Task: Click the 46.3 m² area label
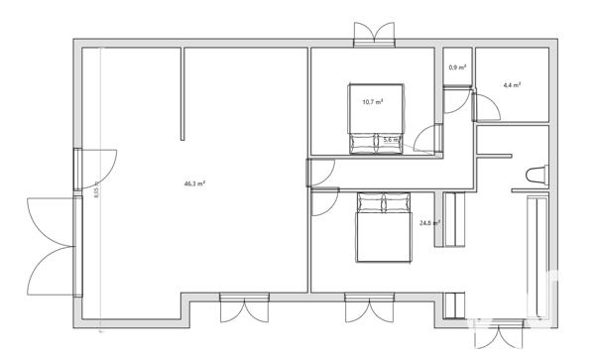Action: click(194, 183)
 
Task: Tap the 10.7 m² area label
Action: click(373, 101)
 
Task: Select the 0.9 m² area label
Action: click(456, 67)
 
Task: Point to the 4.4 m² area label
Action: click(512, 85)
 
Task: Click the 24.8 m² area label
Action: click(429, 224)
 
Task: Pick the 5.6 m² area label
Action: click(391, 140)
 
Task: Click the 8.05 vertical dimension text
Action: click(96, 192)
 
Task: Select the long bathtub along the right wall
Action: click(537, 260)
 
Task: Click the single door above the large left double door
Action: click(97, 169)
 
